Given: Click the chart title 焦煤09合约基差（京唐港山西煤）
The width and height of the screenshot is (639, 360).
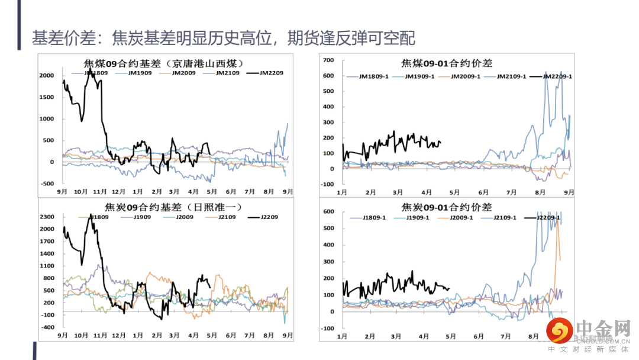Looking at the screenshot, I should pyautogui.click(x=164, y=63).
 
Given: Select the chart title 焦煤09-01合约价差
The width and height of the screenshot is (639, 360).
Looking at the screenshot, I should pyautogui.click(x=446, y=63).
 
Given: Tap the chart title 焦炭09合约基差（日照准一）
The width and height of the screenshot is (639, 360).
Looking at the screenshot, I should pyautogui.click(x=164, y=207).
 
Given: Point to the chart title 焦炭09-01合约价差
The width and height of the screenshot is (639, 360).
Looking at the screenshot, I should pyautogui.click(x=446, y=207).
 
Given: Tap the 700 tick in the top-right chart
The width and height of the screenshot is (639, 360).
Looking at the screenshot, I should pyautogui.click(x=328, y=60).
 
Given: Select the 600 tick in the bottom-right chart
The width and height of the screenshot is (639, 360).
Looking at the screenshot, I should pyautogui.click(x=328, y=212).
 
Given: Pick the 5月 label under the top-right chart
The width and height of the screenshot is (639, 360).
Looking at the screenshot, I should pyautogui.click(x=454, y=192).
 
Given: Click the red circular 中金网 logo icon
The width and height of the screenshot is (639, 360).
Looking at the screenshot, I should pyautogui.click(x=559, y=330).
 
